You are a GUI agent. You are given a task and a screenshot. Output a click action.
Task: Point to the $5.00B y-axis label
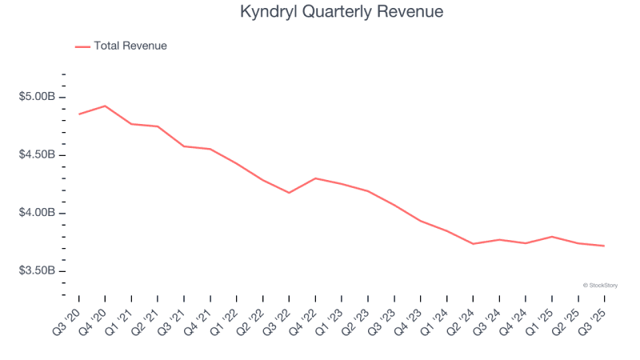(38, 97)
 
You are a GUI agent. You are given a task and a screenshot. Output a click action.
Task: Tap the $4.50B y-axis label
(38, 154)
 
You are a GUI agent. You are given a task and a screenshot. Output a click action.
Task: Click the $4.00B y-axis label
(38, 213)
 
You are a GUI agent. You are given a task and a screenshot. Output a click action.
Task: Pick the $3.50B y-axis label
(38, 270)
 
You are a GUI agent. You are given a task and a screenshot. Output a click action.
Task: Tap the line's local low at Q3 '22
(289, 193)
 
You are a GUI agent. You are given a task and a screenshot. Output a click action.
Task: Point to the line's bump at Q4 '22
(315, 178)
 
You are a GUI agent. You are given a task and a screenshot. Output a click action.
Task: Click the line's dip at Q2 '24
(473, 244)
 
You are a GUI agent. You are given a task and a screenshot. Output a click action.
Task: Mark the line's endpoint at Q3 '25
(604, 246)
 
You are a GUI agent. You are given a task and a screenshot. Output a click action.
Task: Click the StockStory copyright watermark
(600, 285)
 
